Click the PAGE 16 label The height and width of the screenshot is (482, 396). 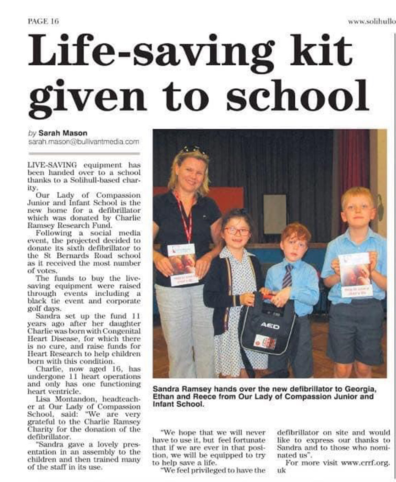pos(43,21)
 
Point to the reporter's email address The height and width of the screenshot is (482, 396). pos(84,142)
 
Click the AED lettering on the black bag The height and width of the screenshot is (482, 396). pos(270,326)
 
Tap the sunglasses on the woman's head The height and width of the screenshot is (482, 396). pos(194,150)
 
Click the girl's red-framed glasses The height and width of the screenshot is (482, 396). pos(237,231)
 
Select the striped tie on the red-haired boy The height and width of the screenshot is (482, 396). pos(287,276)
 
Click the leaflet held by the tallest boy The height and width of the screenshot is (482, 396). pos(355,274)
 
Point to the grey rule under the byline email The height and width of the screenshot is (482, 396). pos(84,153)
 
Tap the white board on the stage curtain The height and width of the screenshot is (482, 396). pos(274,214)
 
